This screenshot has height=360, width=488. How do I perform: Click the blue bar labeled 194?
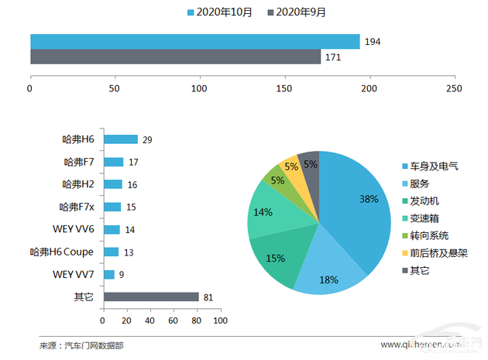(194, 41)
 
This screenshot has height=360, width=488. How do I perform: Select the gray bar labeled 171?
(175, 57)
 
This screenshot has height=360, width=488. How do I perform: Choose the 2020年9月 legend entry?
(301, 12)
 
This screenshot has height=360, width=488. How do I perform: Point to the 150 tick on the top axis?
(285, 89)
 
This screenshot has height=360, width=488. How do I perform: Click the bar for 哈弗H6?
(120, 140)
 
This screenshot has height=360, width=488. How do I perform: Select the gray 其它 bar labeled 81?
(150, 297)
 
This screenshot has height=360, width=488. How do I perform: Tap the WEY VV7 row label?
(74, 275)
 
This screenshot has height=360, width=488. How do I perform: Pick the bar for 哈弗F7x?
(112, 207)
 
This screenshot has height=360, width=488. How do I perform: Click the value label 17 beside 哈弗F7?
(133, 163)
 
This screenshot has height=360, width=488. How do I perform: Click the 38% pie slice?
(356, 209)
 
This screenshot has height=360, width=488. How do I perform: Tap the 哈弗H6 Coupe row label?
(62, 252)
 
